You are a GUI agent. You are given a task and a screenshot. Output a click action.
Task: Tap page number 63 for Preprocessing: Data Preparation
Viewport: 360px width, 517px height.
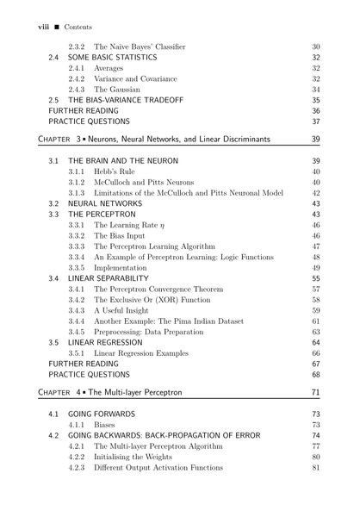pyautogui.click(x=315, y=332)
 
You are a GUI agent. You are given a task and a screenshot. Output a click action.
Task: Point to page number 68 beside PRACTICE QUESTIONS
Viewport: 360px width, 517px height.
pyautogui.click(x=315, y=375)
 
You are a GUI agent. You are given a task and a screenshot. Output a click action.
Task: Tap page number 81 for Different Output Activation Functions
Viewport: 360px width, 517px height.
pyautogui.click(x=315, y=468)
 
